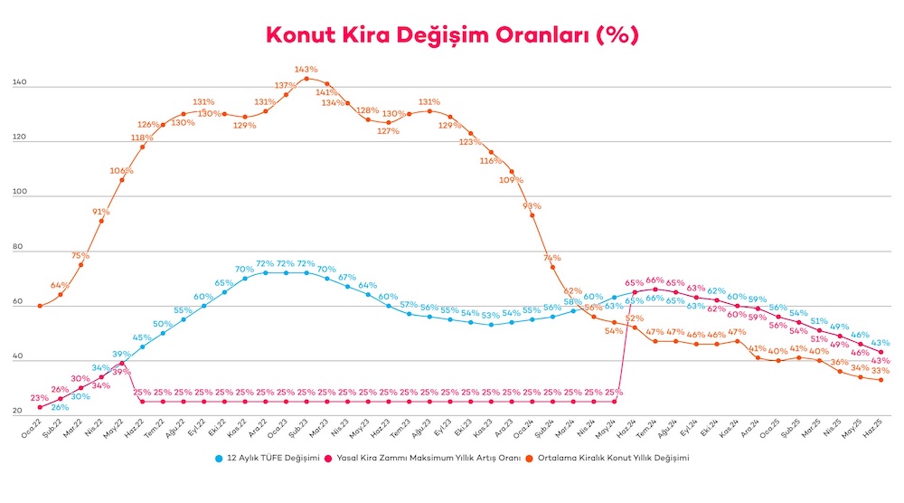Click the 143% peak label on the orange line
[x=306, y=69]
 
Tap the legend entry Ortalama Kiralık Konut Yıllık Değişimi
[x=614, y=459]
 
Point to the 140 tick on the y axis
[x=20, y=84]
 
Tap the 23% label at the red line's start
[x=40, y=398]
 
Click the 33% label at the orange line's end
[x=880, y=370]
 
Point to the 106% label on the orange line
[x=121, y=170]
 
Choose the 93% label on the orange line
[x=532, y=206]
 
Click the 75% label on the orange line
[x=81, y=256]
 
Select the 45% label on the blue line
[x=143, y=337]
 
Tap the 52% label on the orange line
[x=633, y=318]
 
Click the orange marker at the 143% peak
[x=306, y=78]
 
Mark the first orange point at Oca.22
[x=40, y=306]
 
